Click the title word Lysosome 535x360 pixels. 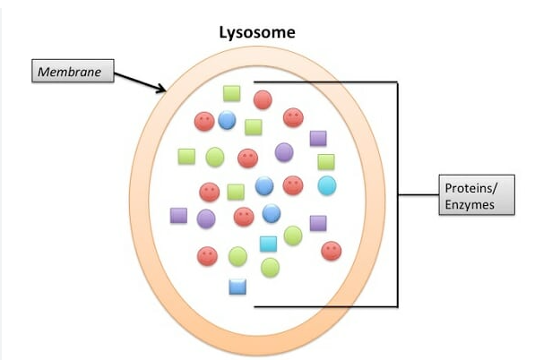pos(258,33)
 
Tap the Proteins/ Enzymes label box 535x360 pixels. pos(479,195)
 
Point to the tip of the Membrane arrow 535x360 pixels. pos(166,90)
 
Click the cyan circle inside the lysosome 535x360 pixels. pos(327,185)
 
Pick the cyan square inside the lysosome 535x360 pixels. pos(268,243)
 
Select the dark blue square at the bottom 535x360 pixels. pos(237,287)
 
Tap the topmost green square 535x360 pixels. pos(231,92)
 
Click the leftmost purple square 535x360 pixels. pos(178,215)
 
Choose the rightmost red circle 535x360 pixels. pos(332,251)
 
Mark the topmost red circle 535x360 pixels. pos(263,99)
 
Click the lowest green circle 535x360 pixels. pos(271,267)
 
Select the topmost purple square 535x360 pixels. pos(318,138)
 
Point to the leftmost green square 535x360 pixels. pos(186,156)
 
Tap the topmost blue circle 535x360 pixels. pos(227,119)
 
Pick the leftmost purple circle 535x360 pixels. pos(206,219)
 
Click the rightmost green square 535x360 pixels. pos(326,161)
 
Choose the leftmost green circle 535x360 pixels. pos(214,158)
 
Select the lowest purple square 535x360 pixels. pos(318,223)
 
